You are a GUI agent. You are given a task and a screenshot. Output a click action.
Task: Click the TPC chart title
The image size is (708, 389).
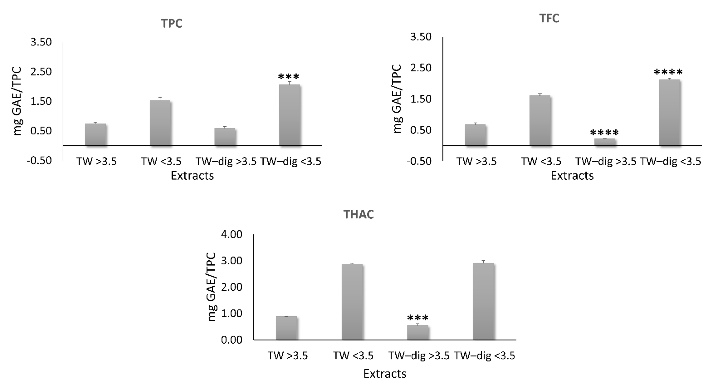point(172,24)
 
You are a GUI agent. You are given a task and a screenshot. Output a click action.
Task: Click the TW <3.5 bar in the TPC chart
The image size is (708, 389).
point(160,123)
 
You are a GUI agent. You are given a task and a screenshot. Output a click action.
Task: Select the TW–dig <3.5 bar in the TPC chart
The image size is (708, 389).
point(289,115)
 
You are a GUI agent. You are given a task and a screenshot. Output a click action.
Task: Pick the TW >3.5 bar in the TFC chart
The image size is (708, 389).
point(475,135)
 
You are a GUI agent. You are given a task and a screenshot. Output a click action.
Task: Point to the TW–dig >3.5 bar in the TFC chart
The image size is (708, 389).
point(605,142)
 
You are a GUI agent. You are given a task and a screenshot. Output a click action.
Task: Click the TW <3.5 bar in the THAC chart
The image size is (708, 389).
point(352,302)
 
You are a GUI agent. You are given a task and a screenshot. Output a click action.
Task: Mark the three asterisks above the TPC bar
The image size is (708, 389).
point(289,77)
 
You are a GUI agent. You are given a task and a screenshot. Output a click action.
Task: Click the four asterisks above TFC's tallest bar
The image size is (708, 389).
point(668,72)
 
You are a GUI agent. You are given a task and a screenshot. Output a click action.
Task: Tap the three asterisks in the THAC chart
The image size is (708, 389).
point(417,318)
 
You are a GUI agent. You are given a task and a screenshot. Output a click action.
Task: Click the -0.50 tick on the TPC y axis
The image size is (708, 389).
point(39,161)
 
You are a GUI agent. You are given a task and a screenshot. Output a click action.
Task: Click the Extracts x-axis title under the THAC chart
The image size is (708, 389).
point(385,374)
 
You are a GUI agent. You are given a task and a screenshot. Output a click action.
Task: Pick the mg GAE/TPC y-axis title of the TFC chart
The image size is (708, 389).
point(398,99)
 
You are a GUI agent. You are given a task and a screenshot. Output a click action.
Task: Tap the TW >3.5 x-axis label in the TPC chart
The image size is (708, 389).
point(96,161)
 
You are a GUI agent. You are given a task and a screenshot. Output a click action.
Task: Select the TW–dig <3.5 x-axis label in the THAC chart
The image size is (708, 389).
point(484,356)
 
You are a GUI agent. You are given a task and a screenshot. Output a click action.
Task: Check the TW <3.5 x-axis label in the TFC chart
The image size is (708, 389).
point(541,161)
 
